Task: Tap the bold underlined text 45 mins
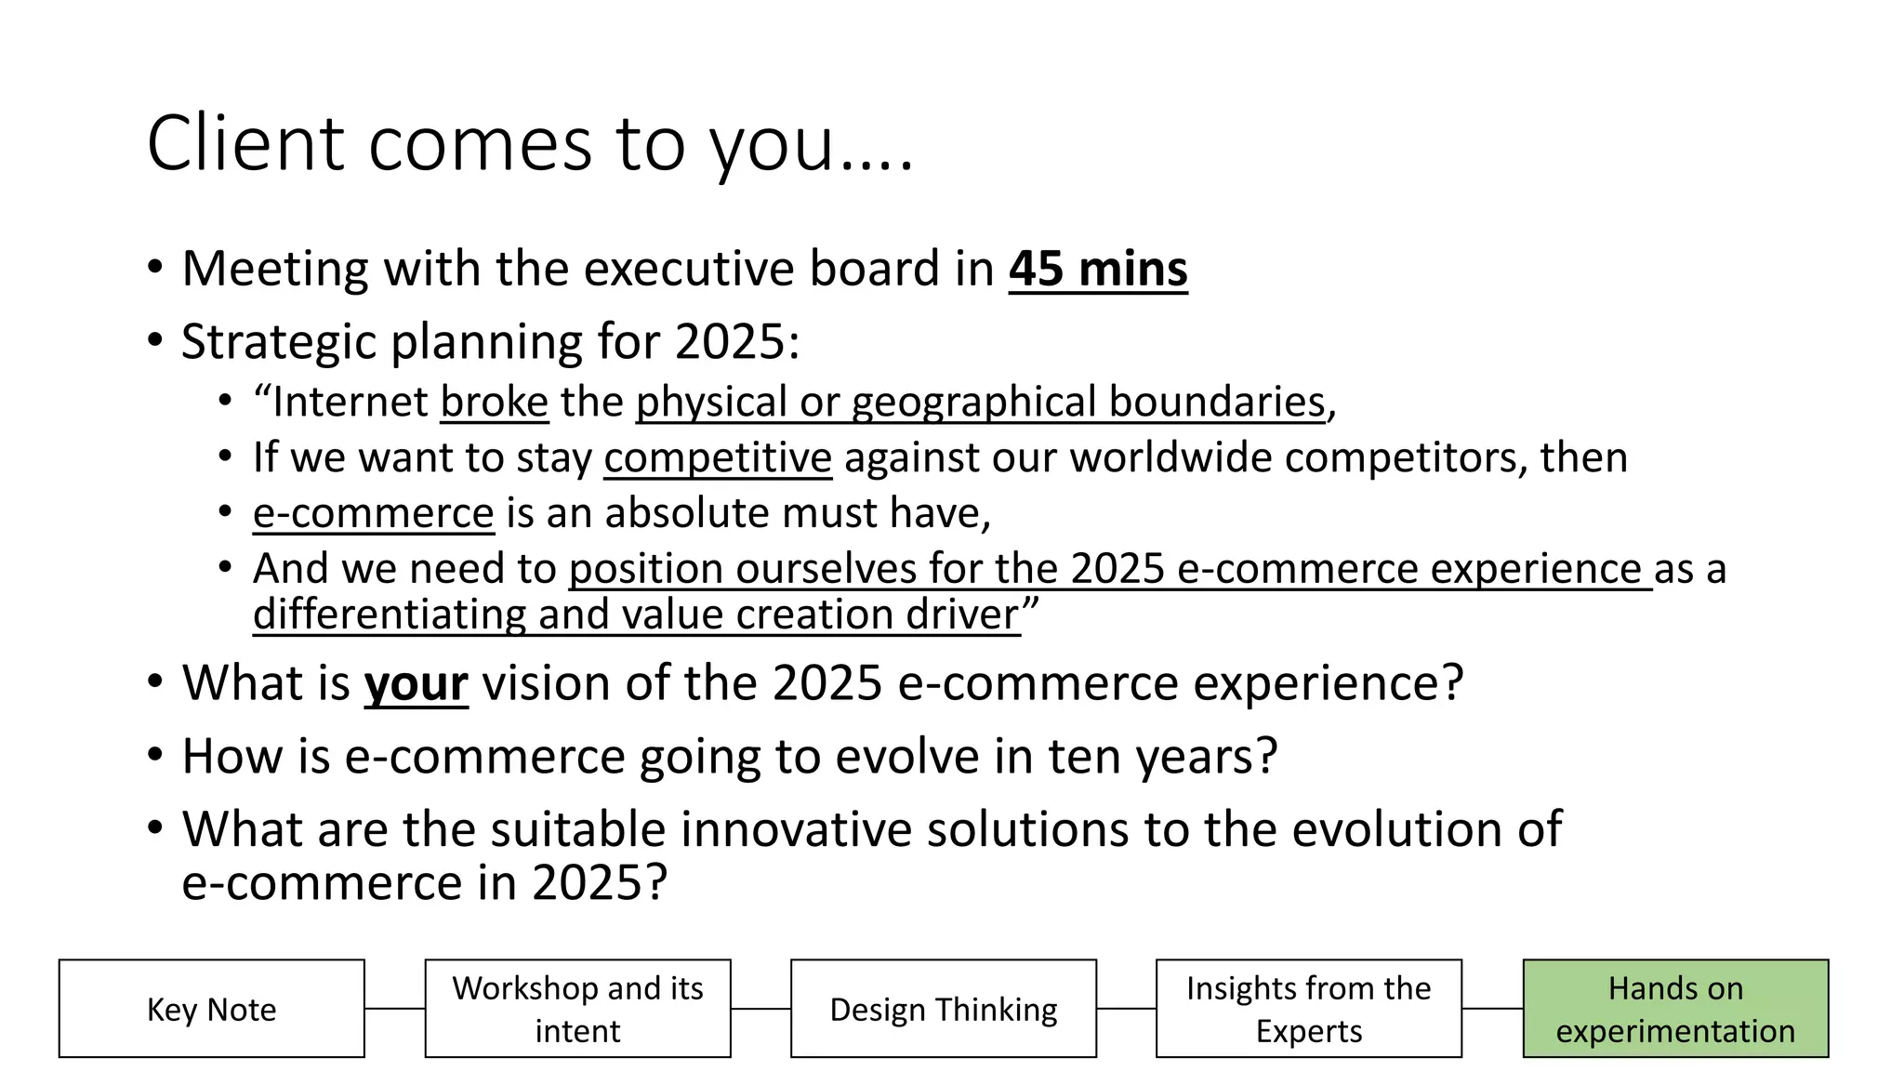click(1098, 270)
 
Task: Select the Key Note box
click(212, 1009)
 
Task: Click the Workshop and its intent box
click(577, 1009)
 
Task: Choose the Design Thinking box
click(943, 1009)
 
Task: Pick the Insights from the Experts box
click(1308, 1009)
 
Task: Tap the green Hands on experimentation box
click(1674, 1009)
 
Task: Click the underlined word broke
click(494, 403)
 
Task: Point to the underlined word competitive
click(718, 458)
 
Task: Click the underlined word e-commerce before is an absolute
click(373, 513)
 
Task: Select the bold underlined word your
click(416, 684)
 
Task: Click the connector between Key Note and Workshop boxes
click(394, 1009)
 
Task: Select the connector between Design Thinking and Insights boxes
click(1126, 1009)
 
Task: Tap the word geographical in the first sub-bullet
click(973, 403)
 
